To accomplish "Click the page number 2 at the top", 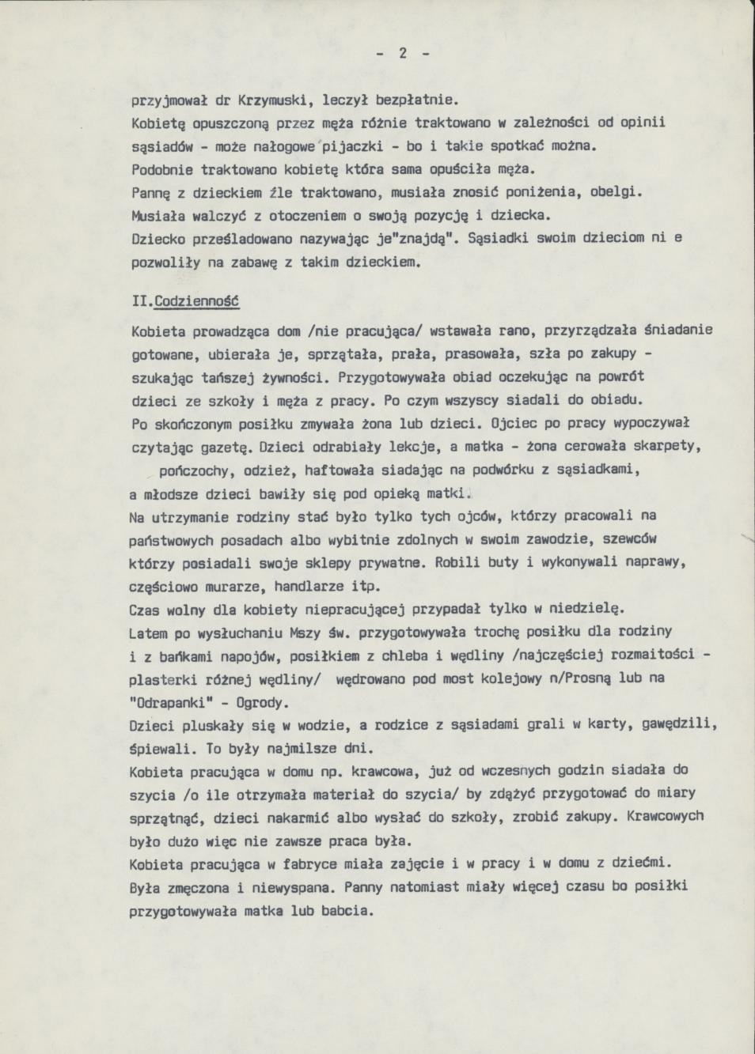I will click(x=402, y=54).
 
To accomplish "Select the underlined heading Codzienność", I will click(x=198, y=302).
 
